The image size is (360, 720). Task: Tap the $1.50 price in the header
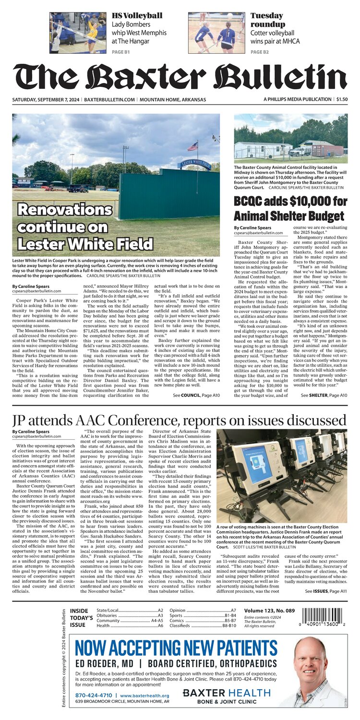342,99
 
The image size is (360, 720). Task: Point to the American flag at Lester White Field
193,146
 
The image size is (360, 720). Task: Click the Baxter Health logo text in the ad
227,693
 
